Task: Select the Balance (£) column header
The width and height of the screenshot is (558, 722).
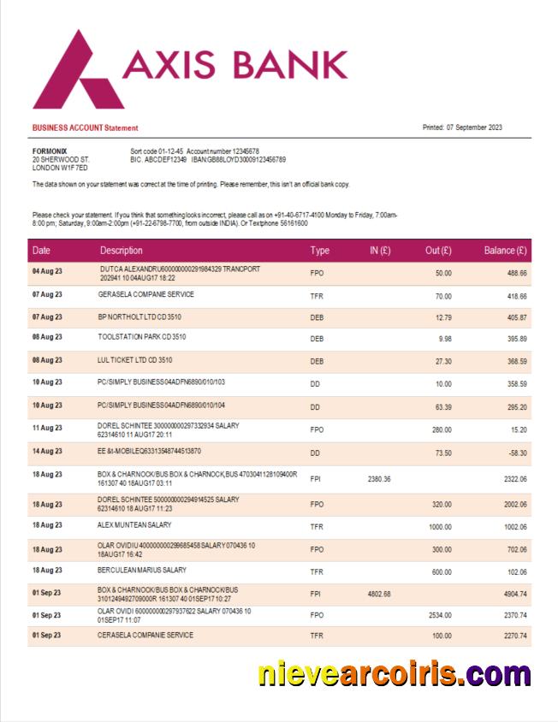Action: (505, 251)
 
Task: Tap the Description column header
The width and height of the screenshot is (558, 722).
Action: (121, 251)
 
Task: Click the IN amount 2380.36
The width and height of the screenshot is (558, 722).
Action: (378, 479)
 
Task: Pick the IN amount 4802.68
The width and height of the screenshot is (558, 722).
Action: (378, 594)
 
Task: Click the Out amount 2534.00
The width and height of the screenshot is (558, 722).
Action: (438, 615)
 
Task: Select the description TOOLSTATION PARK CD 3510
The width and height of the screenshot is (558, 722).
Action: (141, 337)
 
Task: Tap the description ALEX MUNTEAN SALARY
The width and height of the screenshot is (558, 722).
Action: (134, 524)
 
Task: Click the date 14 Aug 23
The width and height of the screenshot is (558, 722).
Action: (47, 451)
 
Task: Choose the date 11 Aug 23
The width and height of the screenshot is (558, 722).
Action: (47, 428)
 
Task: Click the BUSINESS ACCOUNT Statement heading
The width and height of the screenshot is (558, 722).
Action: (85, 128)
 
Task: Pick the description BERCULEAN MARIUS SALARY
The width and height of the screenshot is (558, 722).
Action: (142, 570)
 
